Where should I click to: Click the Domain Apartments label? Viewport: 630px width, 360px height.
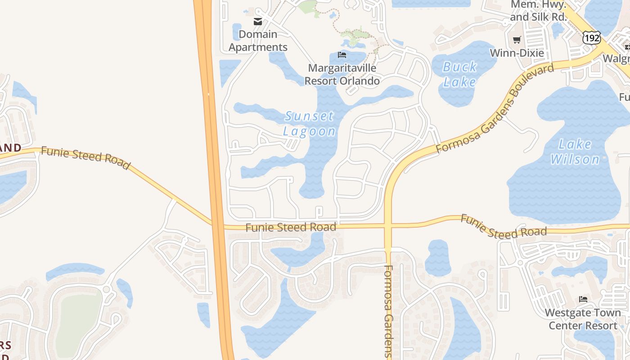pyautogui.click(x=258, y=40)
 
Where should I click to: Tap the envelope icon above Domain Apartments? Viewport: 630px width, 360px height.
pyautogui.click(x=258, y=21)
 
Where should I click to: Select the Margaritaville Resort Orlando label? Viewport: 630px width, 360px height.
pyautogui.click(x=342, y=74)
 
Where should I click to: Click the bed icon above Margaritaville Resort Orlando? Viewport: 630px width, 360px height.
pyautogui.click(x=342, y=55)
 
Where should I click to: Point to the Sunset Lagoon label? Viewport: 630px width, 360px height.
pyautogui.click(x=310, y=123)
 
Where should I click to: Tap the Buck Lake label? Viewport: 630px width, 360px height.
pyautogui.click(x=460, y=74)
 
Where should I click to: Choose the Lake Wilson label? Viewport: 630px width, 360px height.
pyautogui.click(x=575, y=152)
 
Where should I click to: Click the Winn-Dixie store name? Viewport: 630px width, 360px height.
pyautogui.click(x=517, y=53)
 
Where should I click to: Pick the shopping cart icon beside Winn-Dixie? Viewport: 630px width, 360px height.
pyautogui.click(x=517, y=40)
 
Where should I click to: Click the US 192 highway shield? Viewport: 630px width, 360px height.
pyautogui.click(x=591, y=37)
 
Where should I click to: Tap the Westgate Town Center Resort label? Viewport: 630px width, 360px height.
pyautogui.click(x=583, y=319)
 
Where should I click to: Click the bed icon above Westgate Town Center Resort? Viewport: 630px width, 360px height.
pyautogui.click(x=583, y=299)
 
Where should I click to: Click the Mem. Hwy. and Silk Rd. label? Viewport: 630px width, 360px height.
pyautogui.click(x=538, y=11)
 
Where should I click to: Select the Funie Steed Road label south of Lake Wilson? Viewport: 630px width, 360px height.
pyautogui.click(x=504, y=227)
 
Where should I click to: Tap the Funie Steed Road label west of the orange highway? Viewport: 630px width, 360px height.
pyautogui.click(x=85, y=157)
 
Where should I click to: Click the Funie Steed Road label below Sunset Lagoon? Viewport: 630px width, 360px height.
pyautogui.click(x=291, y=227)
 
